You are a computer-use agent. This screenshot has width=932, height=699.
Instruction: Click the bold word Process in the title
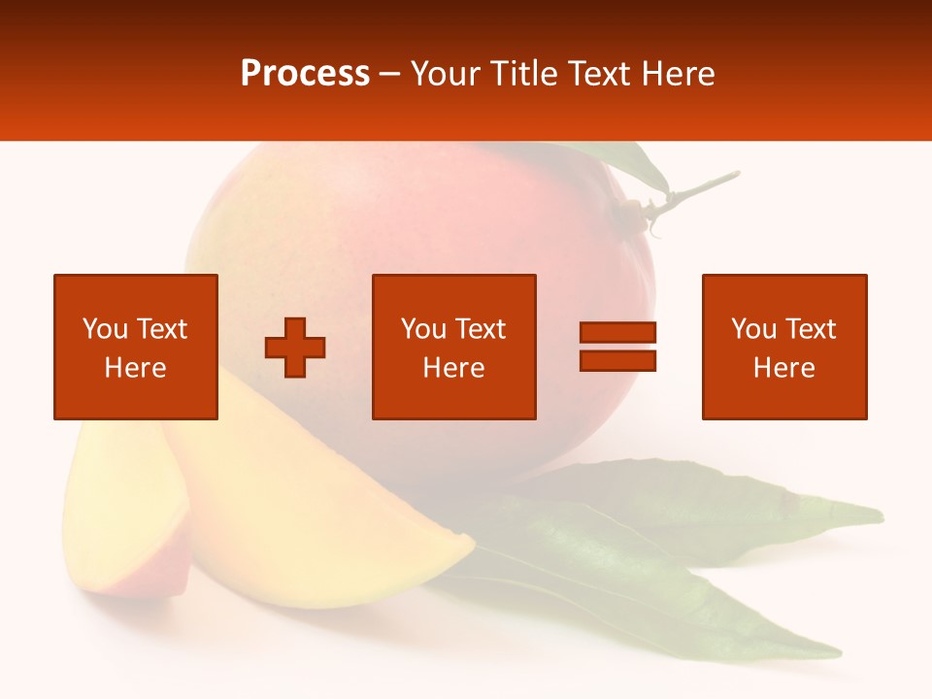pyautogui.click(x=305, y=74)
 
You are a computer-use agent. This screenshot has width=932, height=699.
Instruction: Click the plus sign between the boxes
pyautogui.click(x=295, y=348)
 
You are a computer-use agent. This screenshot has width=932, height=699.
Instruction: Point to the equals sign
pyautogui.click(x=617, y=347)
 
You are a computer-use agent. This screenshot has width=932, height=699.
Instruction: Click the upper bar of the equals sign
pyautogui.click(x=617, y=333)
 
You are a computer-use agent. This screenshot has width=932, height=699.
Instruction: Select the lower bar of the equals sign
pyautogui.click(x=617, y=360)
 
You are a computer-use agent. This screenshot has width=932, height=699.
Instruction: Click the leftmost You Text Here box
pyautogui.click(x=136, y=347)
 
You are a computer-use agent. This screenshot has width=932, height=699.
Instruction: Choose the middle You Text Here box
pyautogui.click(x=453, y=347)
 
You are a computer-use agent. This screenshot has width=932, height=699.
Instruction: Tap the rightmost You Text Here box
pyautogui.click(x=783, y=347)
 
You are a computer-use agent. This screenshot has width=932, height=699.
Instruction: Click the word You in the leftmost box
pyautogui.click(x=104, y=329)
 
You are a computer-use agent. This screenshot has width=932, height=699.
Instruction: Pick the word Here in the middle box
pyautogui.click(x=453, y=368)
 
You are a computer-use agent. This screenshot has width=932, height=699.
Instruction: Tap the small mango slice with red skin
pyautogui.click(x=121, y=515)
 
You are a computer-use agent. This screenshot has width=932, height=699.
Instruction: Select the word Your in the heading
pyautogui.click(x=445, y=74)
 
